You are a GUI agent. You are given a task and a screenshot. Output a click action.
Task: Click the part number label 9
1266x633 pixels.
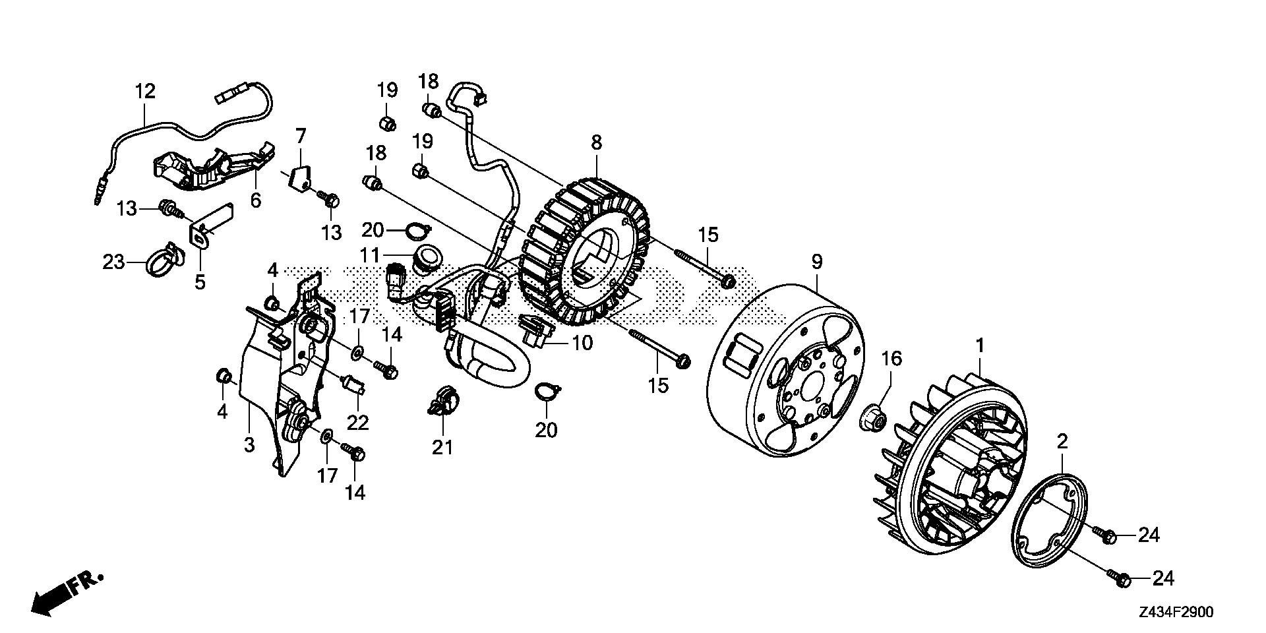816,262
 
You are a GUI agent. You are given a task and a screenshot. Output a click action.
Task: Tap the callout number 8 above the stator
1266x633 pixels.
596,142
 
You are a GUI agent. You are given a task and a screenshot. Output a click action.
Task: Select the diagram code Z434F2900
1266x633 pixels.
1175,613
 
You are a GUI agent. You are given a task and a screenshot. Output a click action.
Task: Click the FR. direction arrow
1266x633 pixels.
66,592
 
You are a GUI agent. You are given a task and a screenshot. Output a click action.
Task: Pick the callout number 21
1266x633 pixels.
442,447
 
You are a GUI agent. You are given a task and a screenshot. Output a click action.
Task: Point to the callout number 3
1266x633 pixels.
249,445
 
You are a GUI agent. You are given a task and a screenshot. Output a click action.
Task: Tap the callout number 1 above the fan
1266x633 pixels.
980,346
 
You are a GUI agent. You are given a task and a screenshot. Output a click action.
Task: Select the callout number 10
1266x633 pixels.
582,343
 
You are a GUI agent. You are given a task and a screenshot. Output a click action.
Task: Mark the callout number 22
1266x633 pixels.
358,422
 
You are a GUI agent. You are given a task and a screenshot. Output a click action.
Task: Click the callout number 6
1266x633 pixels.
255,199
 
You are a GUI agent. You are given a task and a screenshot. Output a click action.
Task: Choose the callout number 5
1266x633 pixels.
200,282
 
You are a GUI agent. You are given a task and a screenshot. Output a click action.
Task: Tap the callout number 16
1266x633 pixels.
891,359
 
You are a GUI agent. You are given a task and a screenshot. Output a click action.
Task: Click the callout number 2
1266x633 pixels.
1062,442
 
